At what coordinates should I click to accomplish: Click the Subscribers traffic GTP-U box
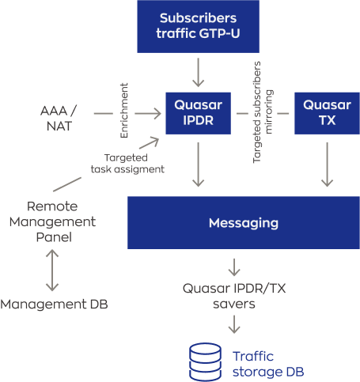(x=198, y=26)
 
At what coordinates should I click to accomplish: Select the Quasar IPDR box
(x=198, y=113)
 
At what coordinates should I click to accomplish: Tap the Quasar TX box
(x=327, y=113)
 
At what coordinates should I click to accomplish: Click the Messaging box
(x=244, y=222)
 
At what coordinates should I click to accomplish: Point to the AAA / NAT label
(x=59, y=118)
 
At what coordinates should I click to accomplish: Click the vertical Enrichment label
(x=124, y=111)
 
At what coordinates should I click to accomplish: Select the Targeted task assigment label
(x=127, y=164)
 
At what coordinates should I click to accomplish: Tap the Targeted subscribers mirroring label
(x=263, y=112)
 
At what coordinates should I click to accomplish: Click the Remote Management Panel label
(x=52, y=221)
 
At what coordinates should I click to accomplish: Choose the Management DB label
(x=54, y=304)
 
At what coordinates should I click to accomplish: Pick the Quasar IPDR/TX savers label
(x=234, y=296)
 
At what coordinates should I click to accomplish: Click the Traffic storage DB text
(x=268, y=364)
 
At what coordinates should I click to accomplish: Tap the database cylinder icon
(x=205, y=361)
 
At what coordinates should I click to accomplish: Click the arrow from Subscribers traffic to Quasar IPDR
(x=198, y=73)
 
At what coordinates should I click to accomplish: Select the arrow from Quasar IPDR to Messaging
(x=198, y=165)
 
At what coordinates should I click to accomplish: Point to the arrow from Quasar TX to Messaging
(x=327, y=165)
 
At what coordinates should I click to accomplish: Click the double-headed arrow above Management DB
(x=52, y=270)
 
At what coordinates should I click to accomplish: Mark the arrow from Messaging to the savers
(x=234, y=267)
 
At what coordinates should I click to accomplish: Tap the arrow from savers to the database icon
(x=234, y=324)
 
